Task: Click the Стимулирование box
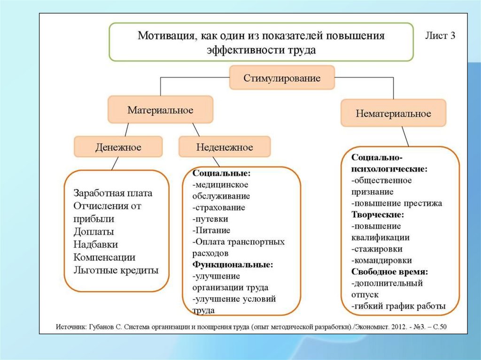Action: [282, 78]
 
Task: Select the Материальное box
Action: [161, 110]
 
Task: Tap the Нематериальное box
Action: [393, 113]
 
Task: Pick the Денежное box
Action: [118, 147]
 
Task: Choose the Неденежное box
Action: [225, 147]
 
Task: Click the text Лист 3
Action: [440, 37]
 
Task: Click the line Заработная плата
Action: [113, 193]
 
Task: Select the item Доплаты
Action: [94, 232]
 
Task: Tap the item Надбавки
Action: [96, 245]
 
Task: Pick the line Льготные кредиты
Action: [116, 270]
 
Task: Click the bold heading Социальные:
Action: [215, 173]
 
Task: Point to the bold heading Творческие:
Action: [378, 214]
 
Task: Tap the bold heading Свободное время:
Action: [389, 272]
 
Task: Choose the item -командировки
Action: [381, 260]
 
